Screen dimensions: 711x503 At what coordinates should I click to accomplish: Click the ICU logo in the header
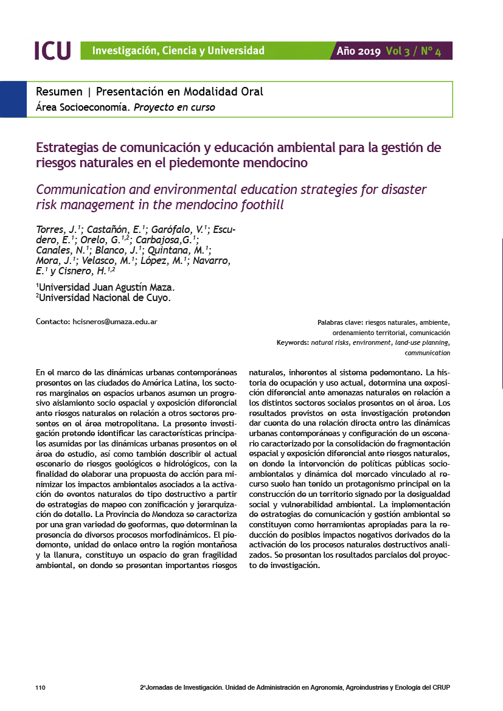coord(53,50)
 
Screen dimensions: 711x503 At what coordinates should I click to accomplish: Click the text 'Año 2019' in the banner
coord(359,51)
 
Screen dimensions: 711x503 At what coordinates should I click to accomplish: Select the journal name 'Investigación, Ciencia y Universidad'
coord(178,50)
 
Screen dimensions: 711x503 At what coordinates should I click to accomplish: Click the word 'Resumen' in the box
coord(59,92)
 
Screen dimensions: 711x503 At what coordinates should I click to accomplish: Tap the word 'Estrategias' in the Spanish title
coord(68,148)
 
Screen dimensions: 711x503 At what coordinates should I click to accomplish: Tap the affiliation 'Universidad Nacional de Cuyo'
coord(105,298)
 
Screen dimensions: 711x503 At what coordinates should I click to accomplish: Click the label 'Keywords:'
coord(293,343)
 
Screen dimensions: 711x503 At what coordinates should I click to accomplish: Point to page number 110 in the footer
coord(41,687)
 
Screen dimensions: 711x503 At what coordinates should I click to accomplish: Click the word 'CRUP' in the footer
coord(441,687)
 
